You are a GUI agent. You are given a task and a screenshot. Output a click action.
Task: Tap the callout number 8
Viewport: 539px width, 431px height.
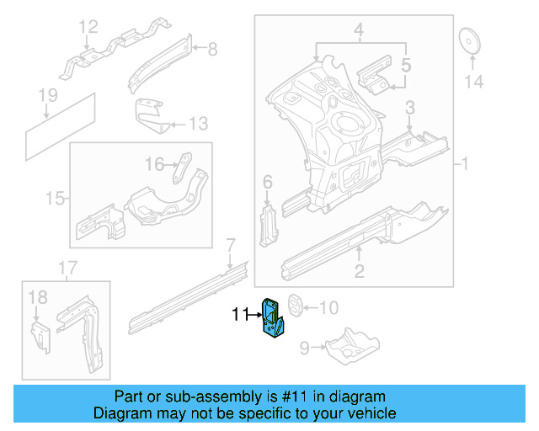tap(211, 50)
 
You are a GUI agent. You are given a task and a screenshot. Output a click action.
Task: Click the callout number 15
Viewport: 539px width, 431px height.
tap(55, 199)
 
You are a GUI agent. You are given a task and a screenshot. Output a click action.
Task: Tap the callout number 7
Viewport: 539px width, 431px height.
tap(229, 245)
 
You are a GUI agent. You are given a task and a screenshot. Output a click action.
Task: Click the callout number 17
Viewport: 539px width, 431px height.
tap(67, 269)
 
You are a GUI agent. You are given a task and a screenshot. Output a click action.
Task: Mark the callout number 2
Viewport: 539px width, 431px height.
tap(359, 270)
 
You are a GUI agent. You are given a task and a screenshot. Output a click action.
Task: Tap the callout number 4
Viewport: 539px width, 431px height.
tap(358, 33)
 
